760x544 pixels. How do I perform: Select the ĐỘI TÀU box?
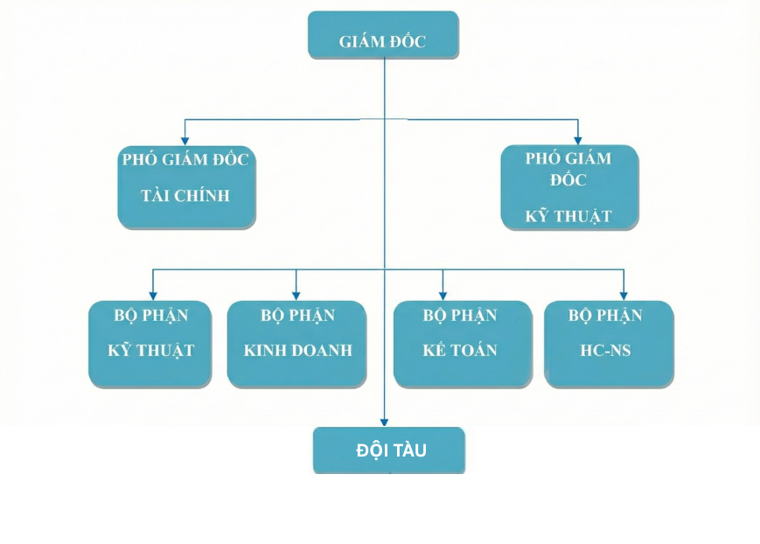[389, 450]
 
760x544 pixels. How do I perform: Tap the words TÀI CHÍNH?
[185, 196]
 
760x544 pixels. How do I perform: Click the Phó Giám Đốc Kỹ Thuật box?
[569, 187]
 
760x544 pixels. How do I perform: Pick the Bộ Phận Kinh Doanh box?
[296, 344]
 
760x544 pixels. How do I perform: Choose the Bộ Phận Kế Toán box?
[462, 344]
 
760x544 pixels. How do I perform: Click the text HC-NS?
[605, 351]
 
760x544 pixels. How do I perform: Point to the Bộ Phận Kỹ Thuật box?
[150, 344]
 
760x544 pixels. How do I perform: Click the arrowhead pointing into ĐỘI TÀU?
[384, 422]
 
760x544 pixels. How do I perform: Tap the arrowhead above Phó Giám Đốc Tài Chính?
[185, 139]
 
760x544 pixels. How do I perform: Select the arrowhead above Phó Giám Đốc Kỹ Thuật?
[577, 138]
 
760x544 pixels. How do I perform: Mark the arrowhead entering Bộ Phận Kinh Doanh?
[296, 296]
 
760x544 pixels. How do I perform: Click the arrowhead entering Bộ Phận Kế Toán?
[443, 296]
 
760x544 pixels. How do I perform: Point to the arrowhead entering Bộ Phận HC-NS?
[623, 296]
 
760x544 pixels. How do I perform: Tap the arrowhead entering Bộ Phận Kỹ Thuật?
[153, 296]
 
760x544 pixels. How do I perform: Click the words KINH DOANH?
[297, 351]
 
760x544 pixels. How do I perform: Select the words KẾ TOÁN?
[460, 351]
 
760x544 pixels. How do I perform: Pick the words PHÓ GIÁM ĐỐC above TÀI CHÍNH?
[185, 159]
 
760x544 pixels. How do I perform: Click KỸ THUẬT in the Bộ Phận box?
[150, 351]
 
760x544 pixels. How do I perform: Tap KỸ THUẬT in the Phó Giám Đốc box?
[568, 216]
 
